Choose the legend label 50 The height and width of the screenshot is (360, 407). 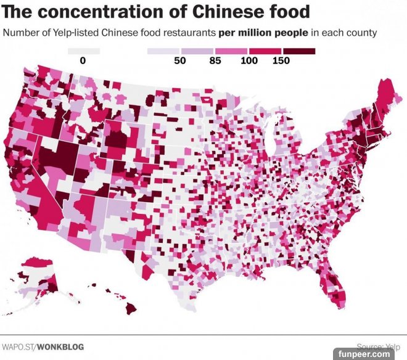[180, 60]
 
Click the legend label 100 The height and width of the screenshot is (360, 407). [249, 60]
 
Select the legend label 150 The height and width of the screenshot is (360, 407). [281, 60]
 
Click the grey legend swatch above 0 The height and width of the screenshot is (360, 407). [83, 51]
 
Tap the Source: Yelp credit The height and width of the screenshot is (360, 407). [379, 346]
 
